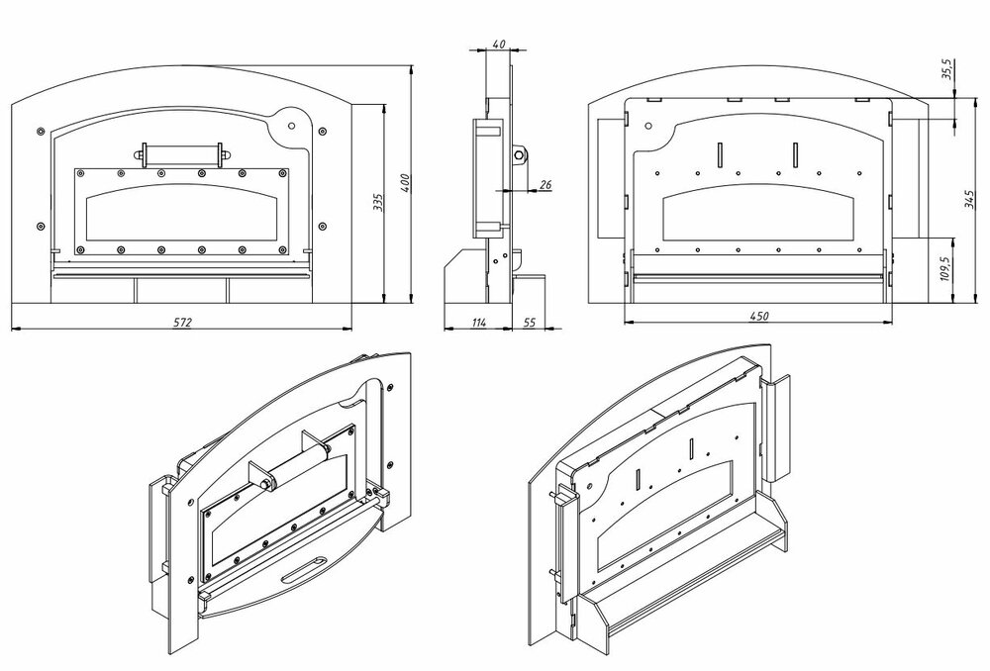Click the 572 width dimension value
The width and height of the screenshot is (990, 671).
click(181, 323)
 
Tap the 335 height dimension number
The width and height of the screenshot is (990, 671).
click(377, 203)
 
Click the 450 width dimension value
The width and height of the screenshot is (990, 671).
click(758, 316)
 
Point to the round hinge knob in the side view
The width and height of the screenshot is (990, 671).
click(519, 153)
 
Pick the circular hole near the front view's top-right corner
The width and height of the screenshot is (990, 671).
click(291, 125)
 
